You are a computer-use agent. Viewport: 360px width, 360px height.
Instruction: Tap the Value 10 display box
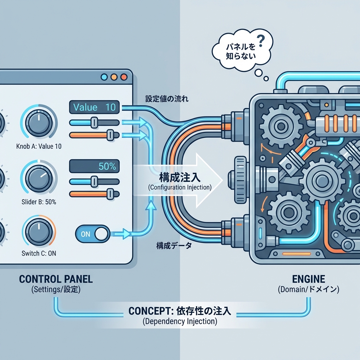click(95, 107)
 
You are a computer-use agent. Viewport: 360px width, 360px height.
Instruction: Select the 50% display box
click(95, 166)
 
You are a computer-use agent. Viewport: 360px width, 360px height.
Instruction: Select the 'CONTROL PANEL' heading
click(56, 279)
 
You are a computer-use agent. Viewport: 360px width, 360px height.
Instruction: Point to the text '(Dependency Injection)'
click(180, 321)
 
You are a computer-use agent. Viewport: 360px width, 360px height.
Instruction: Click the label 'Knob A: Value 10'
click(39, 146)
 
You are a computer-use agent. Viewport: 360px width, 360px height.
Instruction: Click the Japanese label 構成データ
click(174, 246)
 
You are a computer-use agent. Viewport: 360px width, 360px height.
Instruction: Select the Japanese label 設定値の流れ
click(166, 99)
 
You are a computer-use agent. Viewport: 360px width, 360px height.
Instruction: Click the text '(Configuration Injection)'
click(180, 187)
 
